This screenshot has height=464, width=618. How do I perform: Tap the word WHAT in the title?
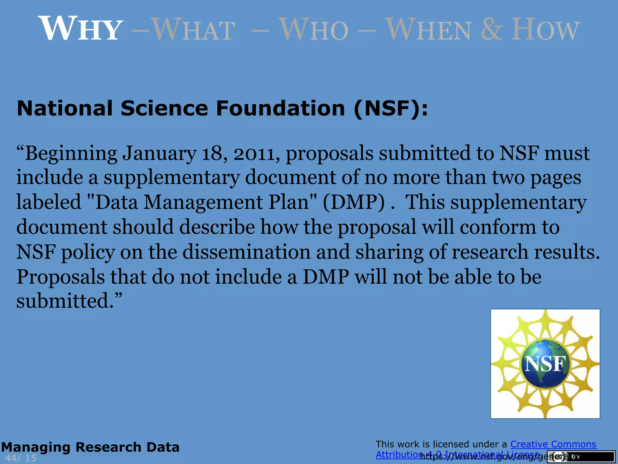[193, 29]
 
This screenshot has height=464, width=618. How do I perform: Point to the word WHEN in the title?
[428, 29]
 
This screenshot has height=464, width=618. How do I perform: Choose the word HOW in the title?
[545, 29]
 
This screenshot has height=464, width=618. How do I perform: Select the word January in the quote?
[159, 153]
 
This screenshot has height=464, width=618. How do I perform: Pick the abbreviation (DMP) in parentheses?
[354, 202]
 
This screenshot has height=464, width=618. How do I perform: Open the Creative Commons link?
[553, 444]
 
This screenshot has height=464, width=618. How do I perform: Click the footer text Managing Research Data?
[90, 447]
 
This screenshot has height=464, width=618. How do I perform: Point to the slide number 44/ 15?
[21, 458]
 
